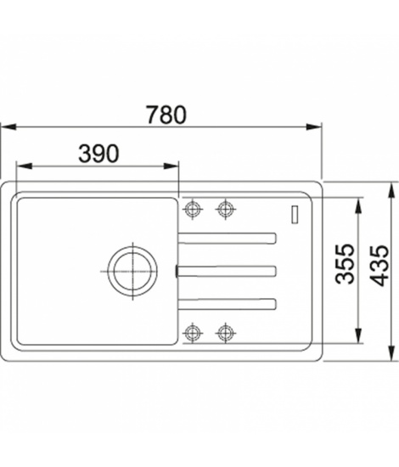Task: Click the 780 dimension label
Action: [x=166, y=115]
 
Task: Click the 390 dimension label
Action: [x=98, y=154]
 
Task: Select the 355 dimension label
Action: [x=346, y=264]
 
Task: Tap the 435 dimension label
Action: [x=379, y=266]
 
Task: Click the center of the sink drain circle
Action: [x=132, y=271]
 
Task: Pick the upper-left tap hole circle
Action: [x=193, y=209]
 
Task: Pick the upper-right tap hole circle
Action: [x=226, y=209]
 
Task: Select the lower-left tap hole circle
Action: [x=193, y=332]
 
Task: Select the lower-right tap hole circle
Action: [x=226, y=332]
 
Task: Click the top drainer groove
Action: [x=228, y=239]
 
